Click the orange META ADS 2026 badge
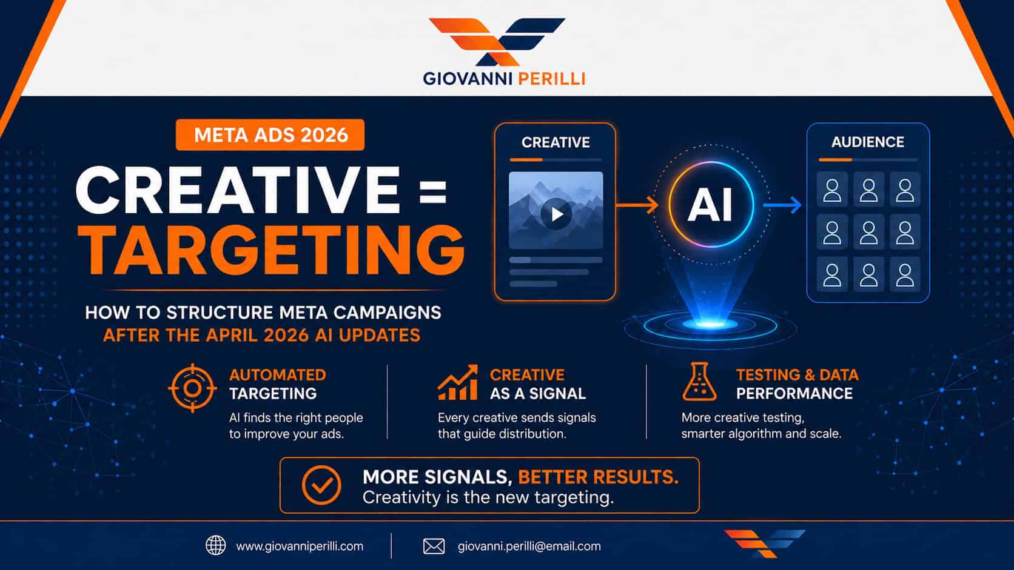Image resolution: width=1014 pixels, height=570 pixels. pyautogui.click(x=270, y=134)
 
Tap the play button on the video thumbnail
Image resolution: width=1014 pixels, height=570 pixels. pyautogui.click(x=556, y=214)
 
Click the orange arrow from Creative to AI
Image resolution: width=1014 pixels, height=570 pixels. pyautogui.click(x=637, y=205)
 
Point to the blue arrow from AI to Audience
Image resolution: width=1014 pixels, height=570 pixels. pyautogui.click(x=782, y=205)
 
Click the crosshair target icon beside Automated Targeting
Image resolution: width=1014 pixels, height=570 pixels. pyautogui.click(x=192, y=388)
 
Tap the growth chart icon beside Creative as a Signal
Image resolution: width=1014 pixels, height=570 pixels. pyautogui.click(x=458, y=383)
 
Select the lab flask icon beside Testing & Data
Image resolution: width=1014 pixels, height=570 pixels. pyautogui.click(x=699, y=382)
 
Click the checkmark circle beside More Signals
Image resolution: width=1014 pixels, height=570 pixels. pyautogui.click(x=321, y=485)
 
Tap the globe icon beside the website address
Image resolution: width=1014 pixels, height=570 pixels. pyautogui.click(x=215, y=546)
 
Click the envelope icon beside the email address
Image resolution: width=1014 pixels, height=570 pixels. pyautogui.click(x=434, y=546)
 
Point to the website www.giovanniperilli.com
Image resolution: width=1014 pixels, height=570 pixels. pyautogui.click(x=300, y=546)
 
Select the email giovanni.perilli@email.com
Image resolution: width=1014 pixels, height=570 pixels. pyautogui.click(x=529, y=546)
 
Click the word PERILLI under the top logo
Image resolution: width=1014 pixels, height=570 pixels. pyautogui.click(x=551, y=79)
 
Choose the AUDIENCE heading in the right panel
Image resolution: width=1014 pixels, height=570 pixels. pyautogui.click(x=868, y=142)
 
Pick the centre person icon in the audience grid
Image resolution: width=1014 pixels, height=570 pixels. pyautogui.click(x=868, y=233)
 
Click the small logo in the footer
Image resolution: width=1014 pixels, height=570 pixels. pyautogui.click(x=765, y=543)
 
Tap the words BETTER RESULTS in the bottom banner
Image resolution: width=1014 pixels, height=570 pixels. pyautogui.click(x=598, y=477)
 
